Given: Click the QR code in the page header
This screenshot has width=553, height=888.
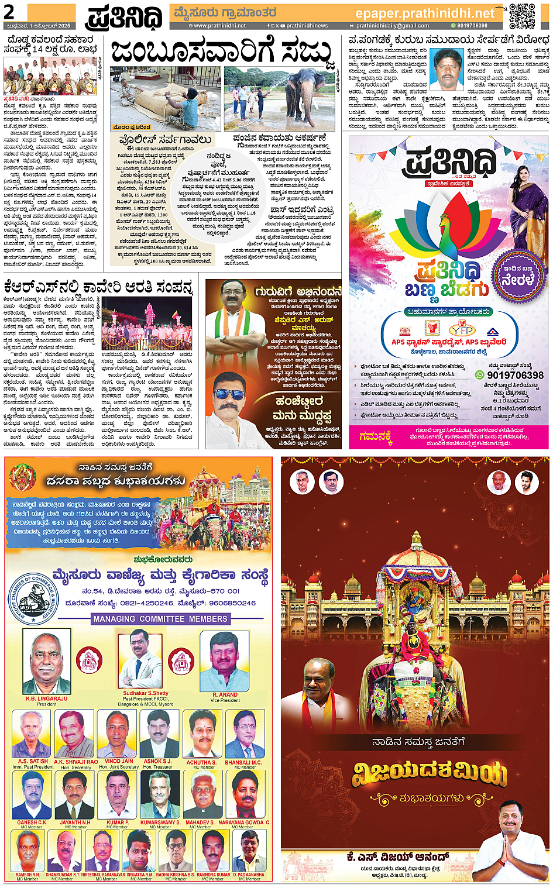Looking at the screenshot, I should pyautogui.click(x=522, y=16).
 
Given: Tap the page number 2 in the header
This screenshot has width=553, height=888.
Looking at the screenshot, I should pyautogui.click(x=9, y=12).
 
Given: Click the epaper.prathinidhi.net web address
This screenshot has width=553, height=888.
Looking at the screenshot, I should pyautogui.click(x=425, y=13).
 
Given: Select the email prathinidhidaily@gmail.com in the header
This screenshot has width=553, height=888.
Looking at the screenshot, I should pyautogui.click(x=392, y=26).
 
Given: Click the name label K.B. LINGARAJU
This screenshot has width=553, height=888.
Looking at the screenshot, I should pyautogui.click(x=47, y=698).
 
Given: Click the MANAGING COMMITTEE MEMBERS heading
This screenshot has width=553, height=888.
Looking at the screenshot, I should pyautogui.click(x=160, y=619).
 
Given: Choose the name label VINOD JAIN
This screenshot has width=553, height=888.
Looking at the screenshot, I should pyautogui.click(x=119, y=762).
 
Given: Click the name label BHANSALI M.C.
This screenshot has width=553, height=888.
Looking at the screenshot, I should pyautogui.click(x=243, y=763).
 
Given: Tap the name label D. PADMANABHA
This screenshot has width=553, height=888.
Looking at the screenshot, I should pyautogui.click(x=249, y=875).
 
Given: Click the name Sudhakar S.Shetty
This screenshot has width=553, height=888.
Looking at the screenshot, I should pyautogui.click(x=146, y=693).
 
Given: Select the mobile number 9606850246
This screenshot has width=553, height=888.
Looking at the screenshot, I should pyautogui.click(x=232, y=603).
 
